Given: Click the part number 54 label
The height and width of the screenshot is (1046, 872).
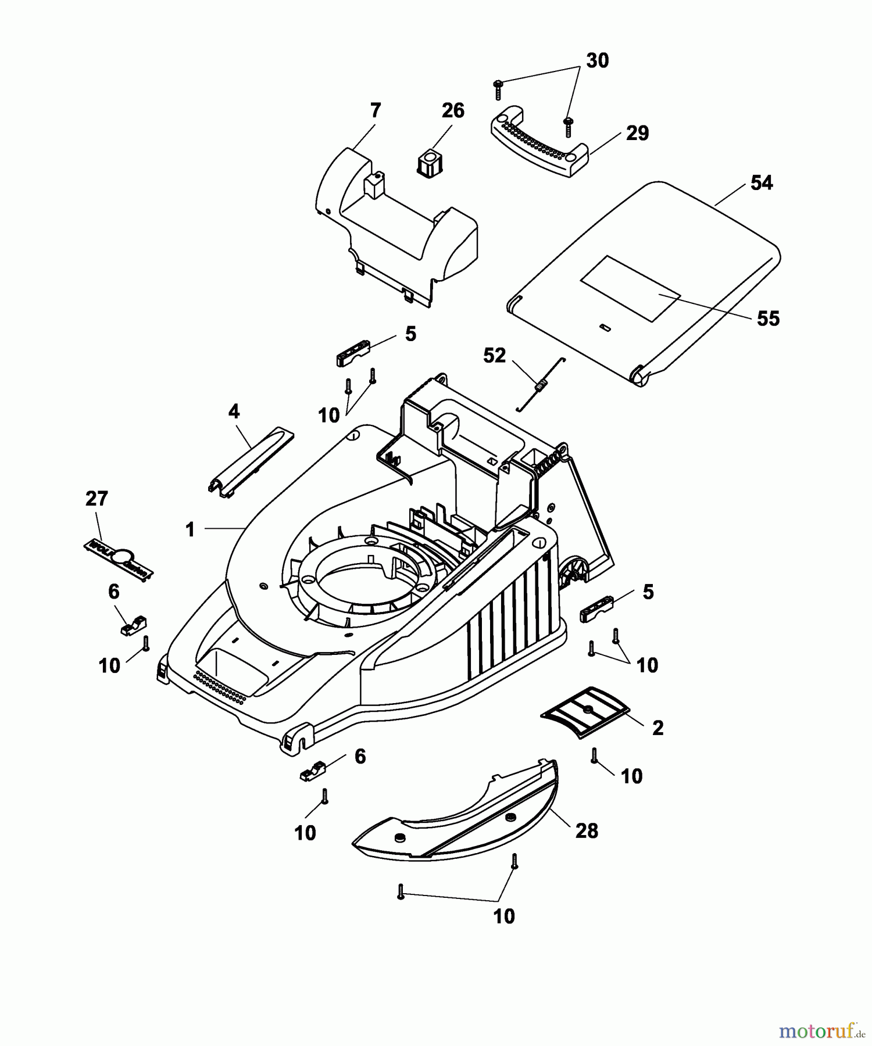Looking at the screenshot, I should click(761, 183).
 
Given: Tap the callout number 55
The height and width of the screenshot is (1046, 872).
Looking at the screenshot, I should click(767, 318).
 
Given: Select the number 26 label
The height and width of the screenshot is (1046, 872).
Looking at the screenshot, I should click(453, 110).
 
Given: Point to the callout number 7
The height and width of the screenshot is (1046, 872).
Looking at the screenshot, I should click(375, 110).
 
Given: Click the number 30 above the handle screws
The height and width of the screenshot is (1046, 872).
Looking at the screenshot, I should click(597, 60).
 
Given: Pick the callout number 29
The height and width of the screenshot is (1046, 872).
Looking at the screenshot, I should click(637, 133).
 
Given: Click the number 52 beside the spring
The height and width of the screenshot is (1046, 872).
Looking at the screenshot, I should click(494, 355).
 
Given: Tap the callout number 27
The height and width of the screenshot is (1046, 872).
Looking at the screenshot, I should click(97, 499).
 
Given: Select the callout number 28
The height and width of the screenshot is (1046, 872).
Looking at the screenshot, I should click(586, 830).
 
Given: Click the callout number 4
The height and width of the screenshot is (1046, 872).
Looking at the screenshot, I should click(233, 411).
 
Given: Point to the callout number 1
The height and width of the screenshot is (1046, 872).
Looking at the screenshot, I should click(190, 529).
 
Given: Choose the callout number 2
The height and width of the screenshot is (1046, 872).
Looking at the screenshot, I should click(657, 728).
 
